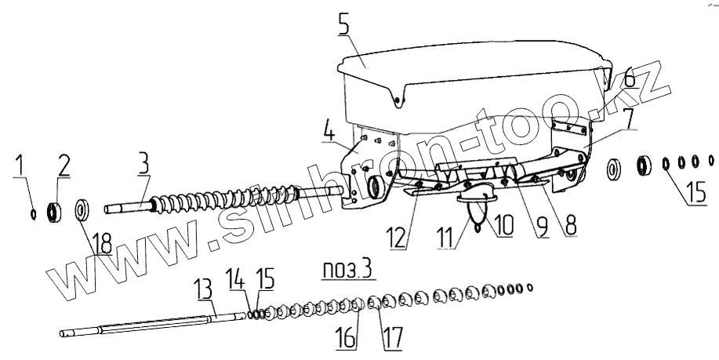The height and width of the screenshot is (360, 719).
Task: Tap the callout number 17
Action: point(390,340)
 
